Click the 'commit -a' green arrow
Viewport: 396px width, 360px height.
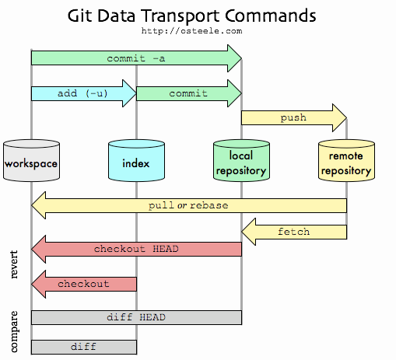(136, 58)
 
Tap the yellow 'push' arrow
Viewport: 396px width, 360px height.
(293, 118)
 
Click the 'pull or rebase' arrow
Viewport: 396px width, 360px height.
(188, 205)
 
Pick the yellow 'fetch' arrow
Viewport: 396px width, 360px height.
(293, 231)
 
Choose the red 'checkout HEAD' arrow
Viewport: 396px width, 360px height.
(136, 249)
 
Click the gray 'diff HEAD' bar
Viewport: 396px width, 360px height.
(136, 317)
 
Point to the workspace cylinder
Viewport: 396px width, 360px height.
(31, 161)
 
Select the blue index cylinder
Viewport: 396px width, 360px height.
(136, 161)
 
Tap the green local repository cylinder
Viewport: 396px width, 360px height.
(241, 161)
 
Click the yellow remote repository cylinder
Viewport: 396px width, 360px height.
(346, 161)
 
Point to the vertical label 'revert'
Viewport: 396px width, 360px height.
(14, 264)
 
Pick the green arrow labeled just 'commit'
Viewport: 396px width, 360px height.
(188, 93)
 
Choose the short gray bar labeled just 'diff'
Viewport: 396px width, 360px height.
(83, 346)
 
